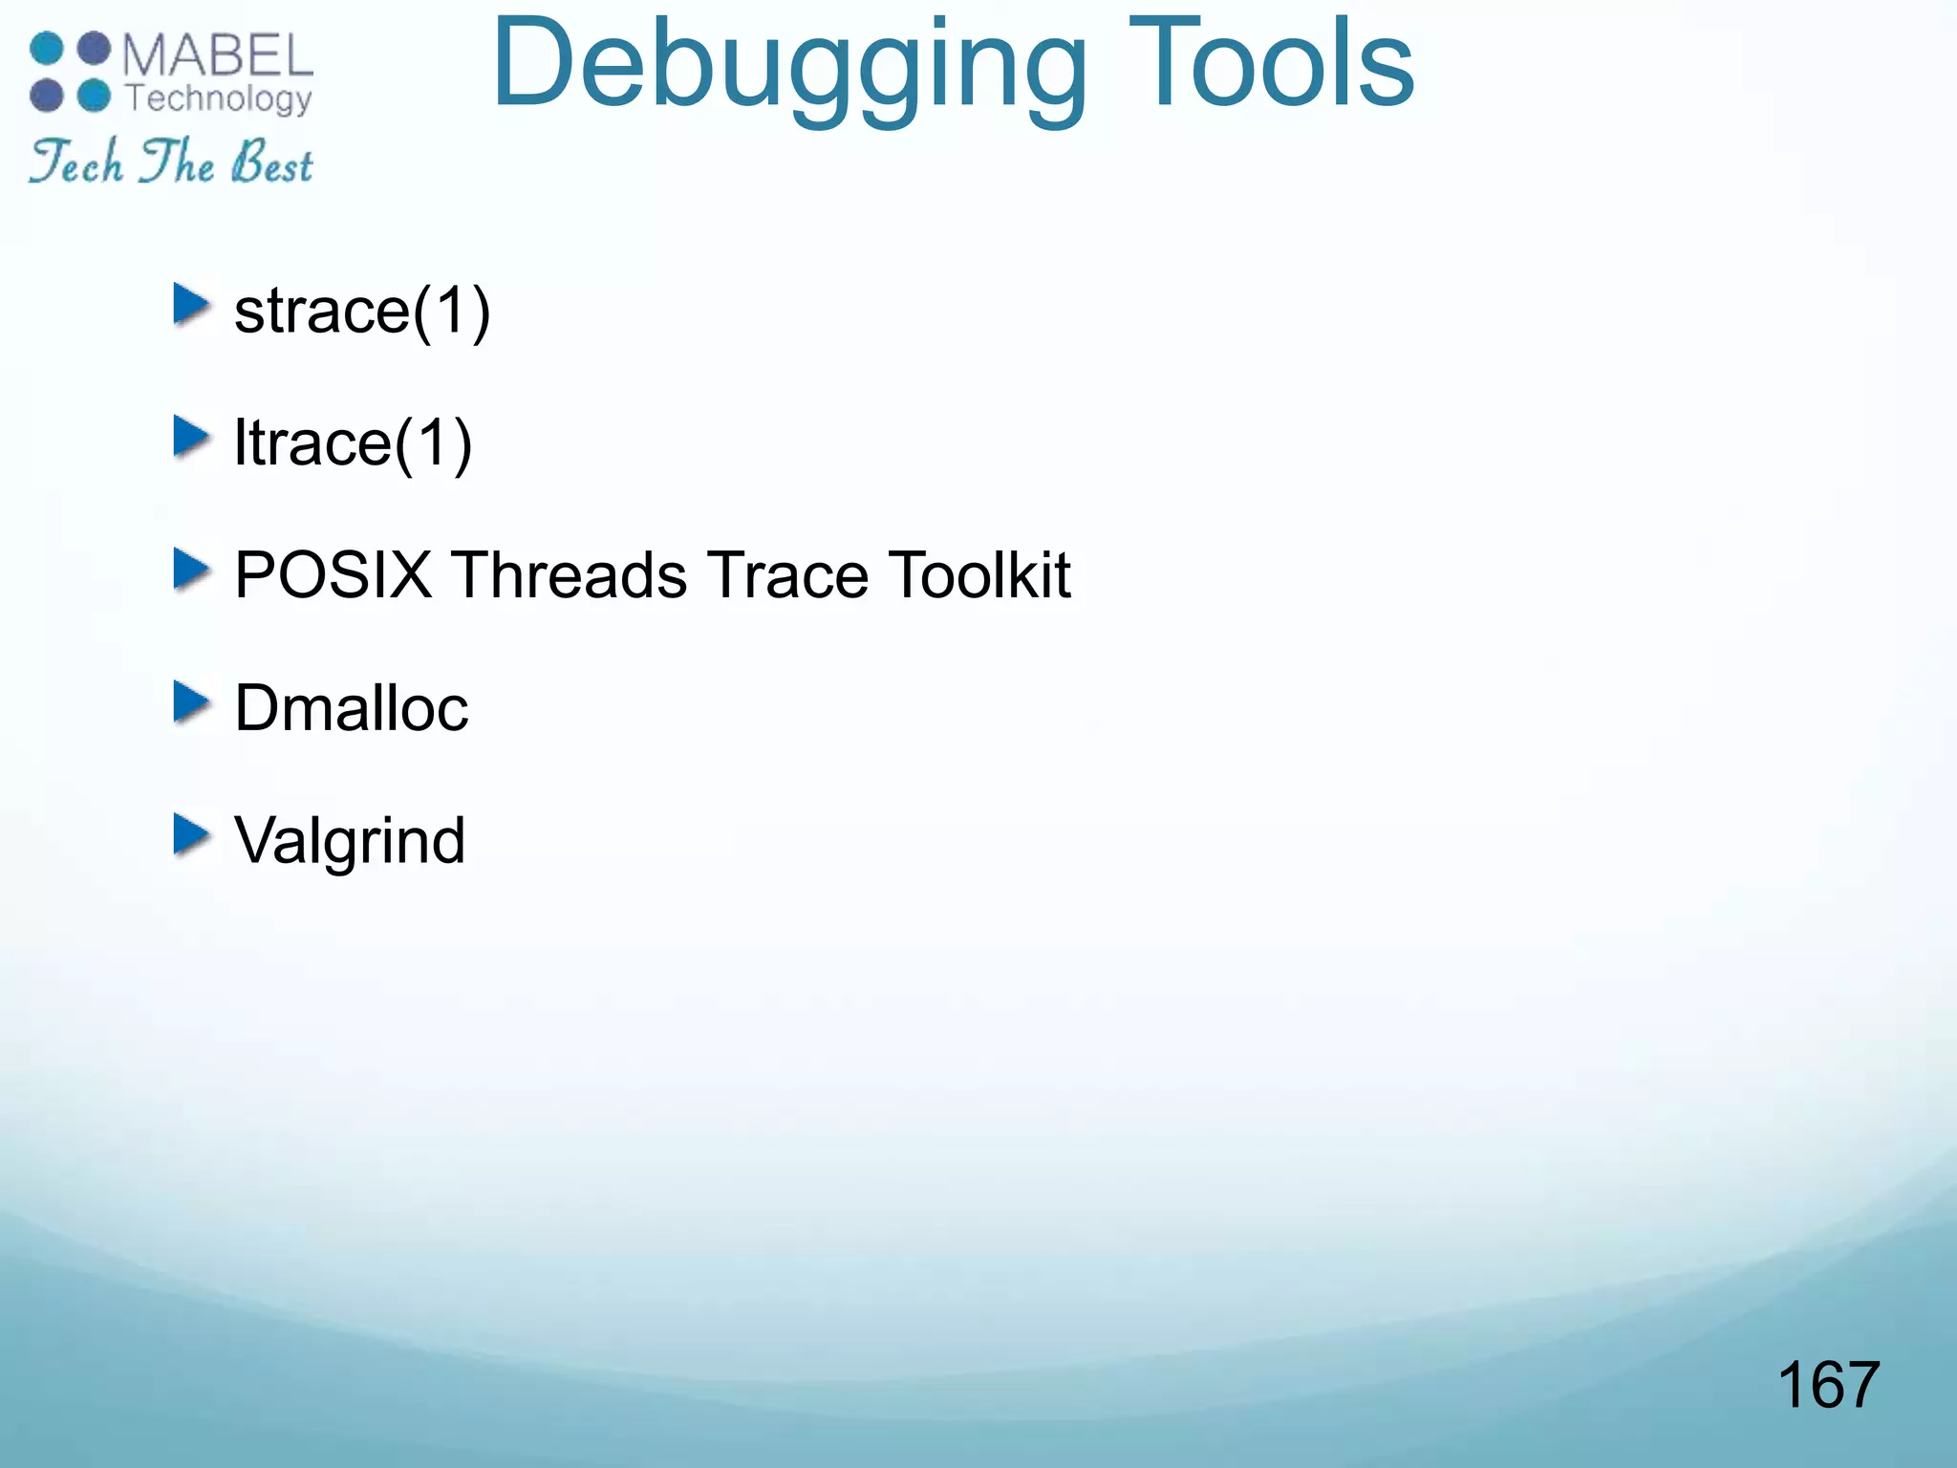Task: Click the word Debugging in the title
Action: point(789,67)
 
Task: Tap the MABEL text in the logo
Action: point(218,55)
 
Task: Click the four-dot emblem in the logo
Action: point(71,73)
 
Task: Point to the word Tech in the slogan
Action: point(76,161)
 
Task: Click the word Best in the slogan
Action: point(272,162)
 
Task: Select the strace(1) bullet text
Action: point(362,311)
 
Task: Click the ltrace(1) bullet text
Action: point(353,443)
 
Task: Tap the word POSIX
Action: point(333,575)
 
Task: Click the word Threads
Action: point(570,575)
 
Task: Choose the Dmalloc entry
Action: point(351,708)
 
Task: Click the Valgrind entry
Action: point(350,841)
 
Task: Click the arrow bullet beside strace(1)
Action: point(191,305)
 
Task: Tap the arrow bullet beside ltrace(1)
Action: point(191,438)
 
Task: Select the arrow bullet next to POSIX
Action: point(191,570)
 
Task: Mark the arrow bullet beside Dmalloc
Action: point(191,702)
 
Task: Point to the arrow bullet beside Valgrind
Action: point(191,834)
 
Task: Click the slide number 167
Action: point(1828,1385)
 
